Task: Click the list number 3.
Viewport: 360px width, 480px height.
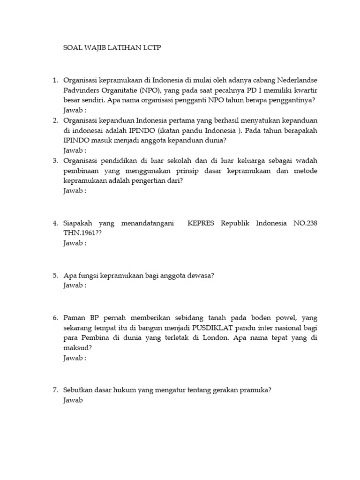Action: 55,161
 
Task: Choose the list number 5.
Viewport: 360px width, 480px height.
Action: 55,275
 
